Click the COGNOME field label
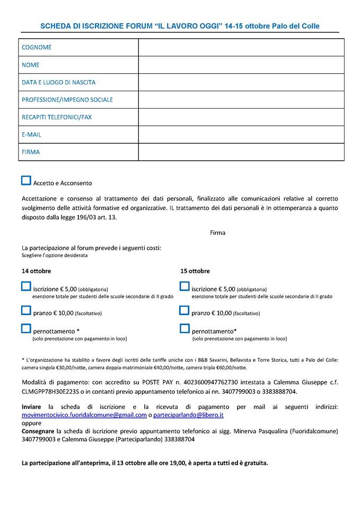[x=37, y=48]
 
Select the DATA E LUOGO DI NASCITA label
[x=58, y=82]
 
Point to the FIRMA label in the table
[x=31, y=152]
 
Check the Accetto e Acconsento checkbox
[x=26, y=180]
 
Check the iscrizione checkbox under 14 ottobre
[x=26, y=286]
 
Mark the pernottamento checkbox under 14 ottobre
[x=26, y=328]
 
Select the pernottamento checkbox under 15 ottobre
[x=185, y=328]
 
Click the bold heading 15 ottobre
[x=195, y=271]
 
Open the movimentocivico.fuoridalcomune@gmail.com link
[x=84, y=415]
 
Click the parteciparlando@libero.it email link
[x=188, y=415]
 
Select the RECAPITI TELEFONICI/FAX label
[x=56, y=117]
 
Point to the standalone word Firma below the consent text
[x=217, y=233]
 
